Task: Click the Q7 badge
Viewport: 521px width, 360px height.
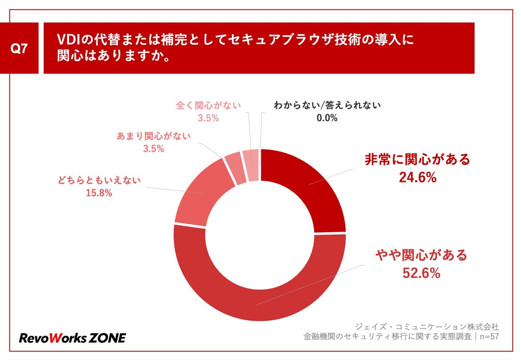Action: [19, 48]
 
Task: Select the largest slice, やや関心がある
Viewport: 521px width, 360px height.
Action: [263, 300]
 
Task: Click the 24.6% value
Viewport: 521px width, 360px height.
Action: [418, 178]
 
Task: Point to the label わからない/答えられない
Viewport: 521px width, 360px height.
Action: [327, 105]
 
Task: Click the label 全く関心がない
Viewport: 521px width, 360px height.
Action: [208, 105]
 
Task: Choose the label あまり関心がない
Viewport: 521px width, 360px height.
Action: [153, 137]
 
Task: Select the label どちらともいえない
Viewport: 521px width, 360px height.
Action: [99, 180]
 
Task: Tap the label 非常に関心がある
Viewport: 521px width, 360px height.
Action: [417, 160]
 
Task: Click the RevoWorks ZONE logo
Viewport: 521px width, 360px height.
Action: [72, 337]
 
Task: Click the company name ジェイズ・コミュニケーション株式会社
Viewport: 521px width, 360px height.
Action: [427, 326]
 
